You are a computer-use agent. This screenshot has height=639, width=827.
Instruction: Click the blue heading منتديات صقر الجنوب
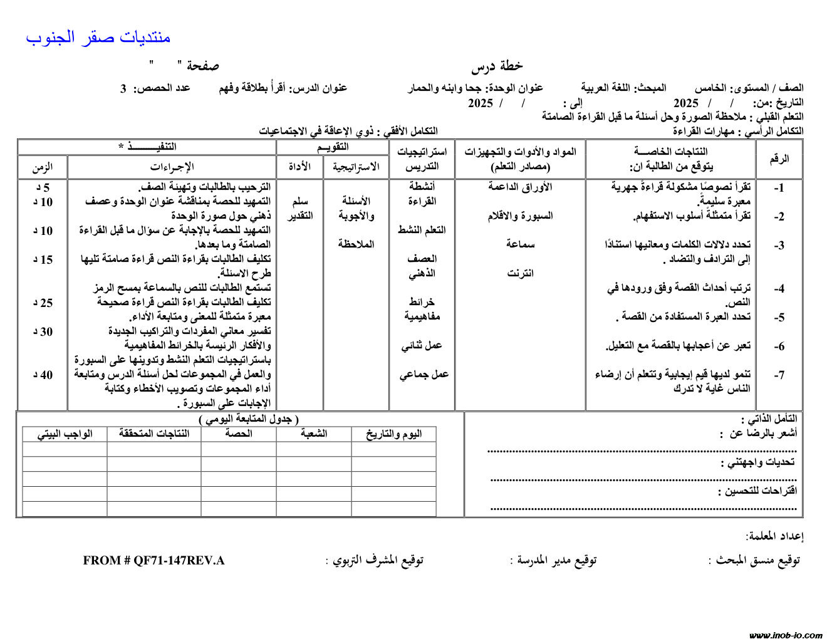coord(98,38)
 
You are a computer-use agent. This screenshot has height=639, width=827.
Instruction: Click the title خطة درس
coord(497,66)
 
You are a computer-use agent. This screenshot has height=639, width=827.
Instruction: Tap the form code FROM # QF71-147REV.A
coord(153,561)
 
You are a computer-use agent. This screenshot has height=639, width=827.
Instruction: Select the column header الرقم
coord(779,159)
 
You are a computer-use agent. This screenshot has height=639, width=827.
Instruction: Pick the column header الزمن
coord(43,167)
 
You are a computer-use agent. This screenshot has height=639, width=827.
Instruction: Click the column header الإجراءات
coord(172,167)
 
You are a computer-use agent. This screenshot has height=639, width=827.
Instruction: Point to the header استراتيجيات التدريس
coord(422,159)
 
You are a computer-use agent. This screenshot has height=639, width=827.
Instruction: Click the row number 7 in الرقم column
coord(779,375)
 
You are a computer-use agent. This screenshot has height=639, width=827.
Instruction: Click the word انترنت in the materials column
coord(520,273)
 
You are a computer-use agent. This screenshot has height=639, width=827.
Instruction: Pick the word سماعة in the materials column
coord(520,244)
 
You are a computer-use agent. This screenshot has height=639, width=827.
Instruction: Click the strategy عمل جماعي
coord(424,375)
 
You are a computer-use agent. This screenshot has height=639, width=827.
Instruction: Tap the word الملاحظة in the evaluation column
coord(356,244)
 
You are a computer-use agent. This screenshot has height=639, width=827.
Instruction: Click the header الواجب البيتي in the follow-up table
coord(65,434)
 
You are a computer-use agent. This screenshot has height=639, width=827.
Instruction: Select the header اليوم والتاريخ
coord(393,434)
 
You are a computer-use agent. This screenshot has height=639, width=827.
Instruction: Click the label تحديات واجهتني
coord(761,462)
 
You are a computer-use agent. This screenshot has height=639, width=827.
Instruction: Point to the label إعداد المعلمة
coord(774,536)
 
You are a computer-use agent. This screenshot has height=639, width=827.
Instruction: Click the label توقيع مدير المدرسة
coord(553,560)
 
